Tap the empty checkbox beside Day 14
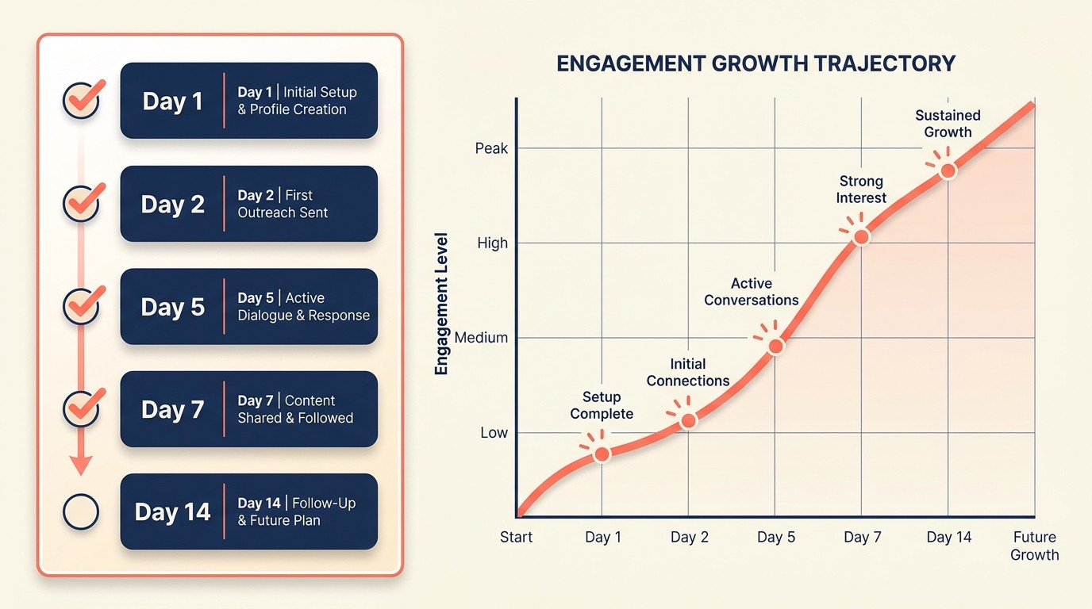pyautogui.click(x=81, y=512)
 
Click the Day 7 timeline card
pyautogui.click(x=248, y=409)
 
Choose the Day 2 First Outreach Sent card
pyautogui.click(x=248, y=204)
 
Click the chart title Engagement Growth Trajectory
pyautogui.click(x=756, y=63)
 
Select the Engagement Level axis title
pyautogui.click(x=442, y=304)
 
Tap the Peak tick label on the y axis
pyautogui.click(x=491, y=148)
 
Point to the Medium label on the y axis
pyautogui.click(x=481, y=338)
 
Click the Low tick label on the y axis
pyautogui.click(x=494, y=433)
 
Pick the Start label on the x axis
pyautogui.click(x=516, y=538)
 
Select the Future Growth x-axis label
pyautogui.click(x=1034, y=546)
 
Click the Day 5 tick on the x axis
pyautogui.click(x=775, y=538)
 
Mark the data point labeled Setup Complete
pyautogui.click(x=602, y=454)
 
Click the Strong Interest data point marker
pyautogui.click(x=861, y=236)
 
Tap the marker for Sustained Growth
pyautogui.click(x=947, y=171)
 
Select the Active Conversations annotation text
pyautogui.click(x=752, y=292)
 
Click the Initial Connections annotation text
pyautogui.click(x=688, y=373)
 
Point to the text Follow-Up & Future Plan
pyautogui.click(x=297, y=512)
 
